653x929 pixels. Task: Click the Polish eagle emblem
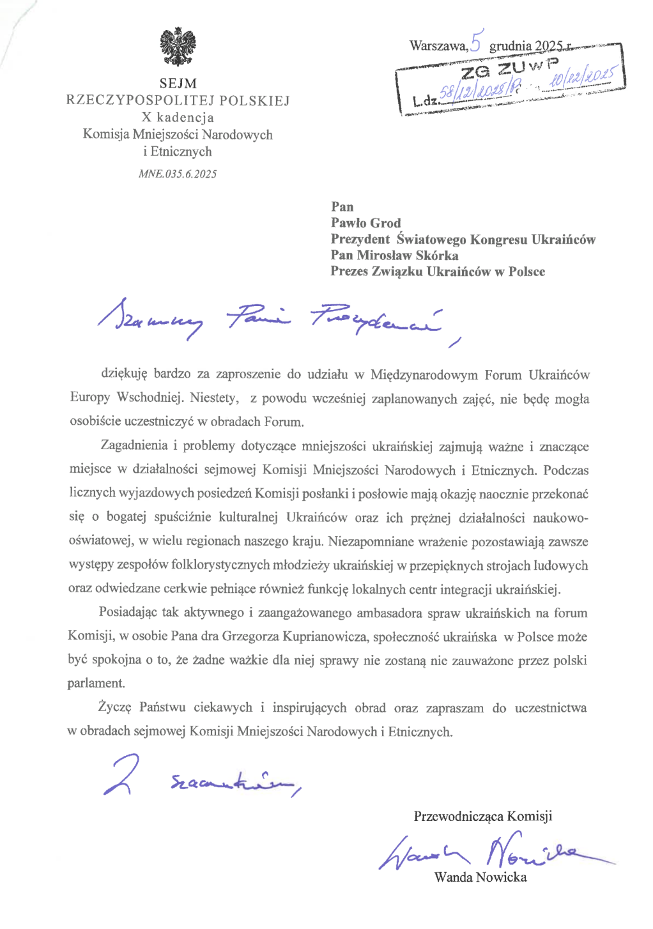(x=178, y=47)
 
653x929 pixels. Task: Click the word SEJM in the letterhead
(x=178, y=84)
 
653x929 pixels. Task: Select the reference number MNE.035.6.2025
(x=178, y=174)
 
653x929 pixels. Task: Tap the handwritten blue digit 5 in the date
(x=476, y=41)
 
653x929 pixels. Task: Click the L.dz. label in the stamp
(x=426, y=100)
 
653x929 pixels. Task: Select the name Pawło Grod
(x=365, y=223)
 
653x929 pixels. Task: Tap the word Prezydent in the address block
(x=360, y=239)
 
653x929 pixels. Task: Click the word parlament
(x=96, y=683)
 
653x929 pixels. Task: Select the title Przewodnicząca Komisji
(x=482, y=816)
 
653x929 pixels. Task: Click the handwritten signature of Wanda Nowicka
(x=492, y=852)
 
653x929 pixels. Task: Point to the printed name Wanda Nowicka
(x=480, y=877)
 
